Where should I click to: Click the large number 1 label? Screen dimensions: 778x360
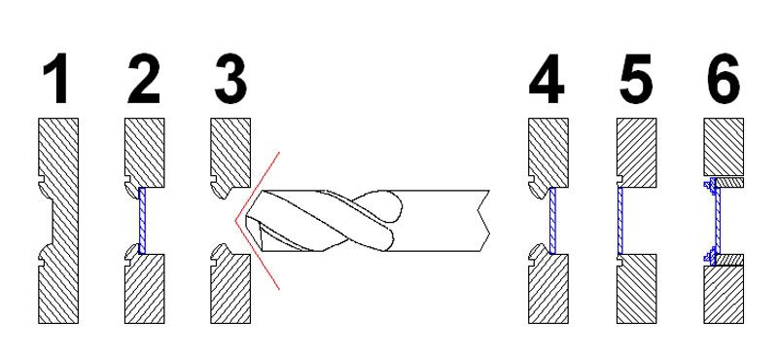(55, 79)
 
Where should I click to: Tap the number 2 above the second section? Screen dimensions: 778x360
(144, 79)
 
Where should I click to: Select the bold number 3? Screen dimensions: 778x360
(230, 79)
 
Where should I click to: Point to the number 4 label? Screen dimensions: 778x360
(547, 79)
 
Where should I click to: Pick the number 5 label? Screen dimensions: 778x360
(636, 79)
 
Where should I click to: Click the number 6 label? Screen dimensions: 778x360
(724, 79)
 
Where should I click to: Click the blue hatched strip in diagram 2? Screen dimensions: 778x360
(143, 221)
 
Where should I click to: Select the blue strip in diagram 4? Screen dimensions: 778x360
(553, 221)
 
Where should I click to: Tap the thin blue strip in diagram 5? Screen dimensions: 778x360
(620, 221)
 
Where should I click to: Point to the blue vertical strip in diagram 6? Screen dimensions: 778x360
(717, 221)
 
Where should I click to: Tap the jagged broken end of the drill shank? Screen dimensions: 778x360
(482, 221)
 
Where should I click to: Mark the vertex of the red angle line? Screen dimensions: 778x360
(235, 220)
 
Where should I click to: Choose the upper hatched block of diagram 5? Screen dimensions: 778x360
(637, 153)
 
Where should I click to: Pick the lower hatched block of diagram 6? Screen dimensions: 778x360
(724, 295)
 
